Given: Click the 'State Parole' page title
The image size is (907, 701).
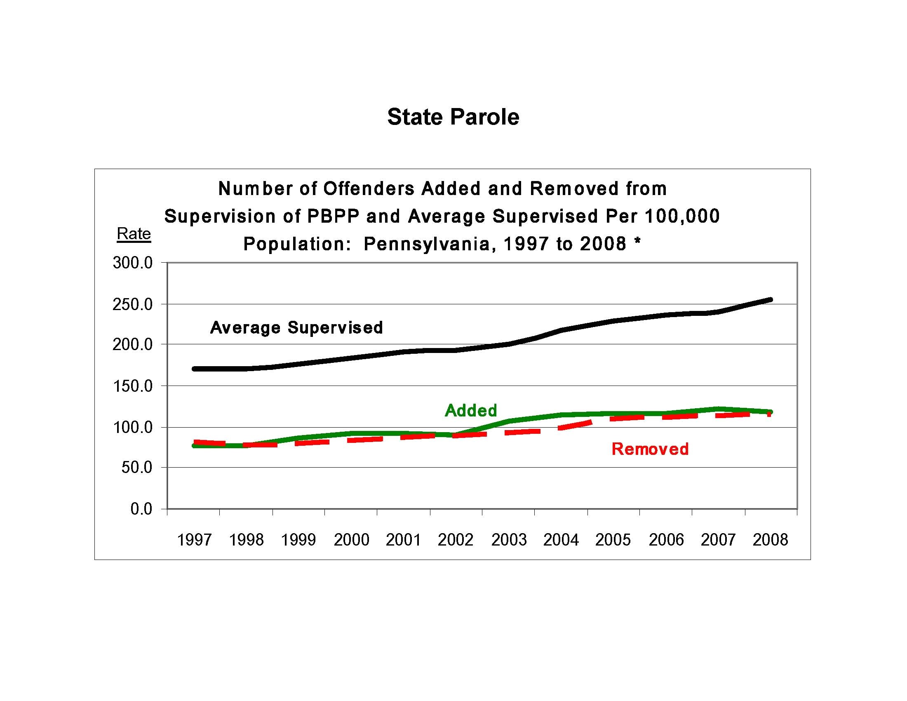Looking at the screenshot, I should tap(453, 117).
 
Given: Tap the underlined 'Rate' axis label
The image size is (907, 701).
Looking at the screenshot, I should tap(134, 234).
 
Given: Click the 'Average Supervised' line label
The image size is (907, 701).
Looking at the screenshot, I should tap(296, 328).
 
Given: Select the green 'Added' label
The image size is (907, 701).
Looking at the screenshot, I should tap(471, 410).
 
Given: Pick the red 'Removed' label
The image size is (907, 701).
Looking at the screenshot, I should tap(650, 449).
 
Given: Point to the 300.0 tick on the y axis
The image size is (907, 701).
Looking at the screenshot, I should tap(133, 263).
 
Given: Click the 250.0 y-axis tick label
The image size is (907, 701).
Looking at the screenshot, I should tap(133, 305).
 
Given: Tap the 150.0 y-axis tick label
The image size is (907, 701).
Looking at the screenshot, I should tap(133, 386).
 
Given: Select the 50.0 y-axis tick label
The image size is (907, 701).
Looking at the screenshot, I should tap(136, 468).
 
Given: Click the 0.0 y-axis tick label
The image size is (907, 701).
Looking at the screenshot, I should tap(141, 509).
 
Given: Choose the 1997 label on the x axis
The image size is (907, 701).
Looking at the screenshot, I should tap(194, 540).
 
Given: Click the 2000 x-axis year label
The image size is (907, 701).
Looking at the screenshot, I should tap(351, 540).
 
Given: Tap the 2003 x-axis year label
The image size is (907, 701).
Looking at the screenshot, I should tap(509, 540).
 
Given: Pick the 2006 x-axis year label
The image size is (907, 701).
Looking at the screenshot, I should tap(666, 540).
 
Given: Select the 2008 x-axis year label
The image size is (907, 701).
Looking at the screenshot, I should tap(771, 540).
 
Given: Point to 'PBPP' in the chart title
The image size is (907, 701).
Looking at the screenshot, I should tap(333, 216).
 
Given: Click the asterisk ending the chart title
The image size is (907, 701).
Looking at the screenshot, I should tap(637, 242).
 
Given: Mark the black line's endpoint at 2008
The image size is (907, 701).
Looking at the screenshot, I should tap(771, 299).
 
